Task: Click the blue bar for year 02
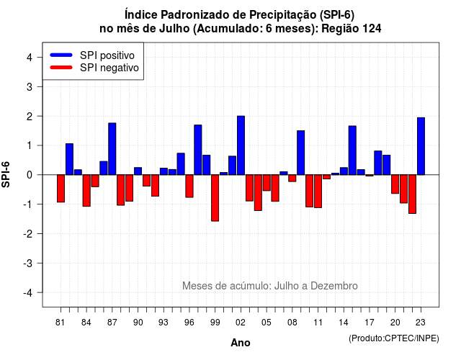coord(241,145)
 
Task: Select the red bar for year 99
coord(215,198)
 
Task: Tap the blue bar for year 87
coord(112,149)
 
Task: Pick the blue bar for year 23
coord(421,146)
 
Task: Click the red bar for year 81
coord(61,189)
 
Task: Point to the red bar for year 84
coord(86,190)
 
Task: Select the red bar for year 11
coord(318,192)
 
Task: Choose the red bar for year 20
coord(395,184)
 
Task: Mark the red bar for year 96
coord(189,186)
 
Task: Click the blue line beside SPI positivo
coord(61,55)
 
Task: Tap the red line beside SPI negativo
coord(61,68)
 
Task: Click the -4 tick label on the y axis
coord(29,293)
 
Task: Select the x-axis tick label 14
coord(344,323)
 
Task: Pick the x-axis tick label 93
coord(164,323)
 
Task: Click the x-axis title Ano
coord(241,343)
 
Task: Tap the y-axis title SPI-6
coord(6,174)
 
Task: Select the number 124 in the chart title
coord(372,29)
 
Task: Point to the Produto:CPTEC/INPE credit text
coord(394,338)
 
